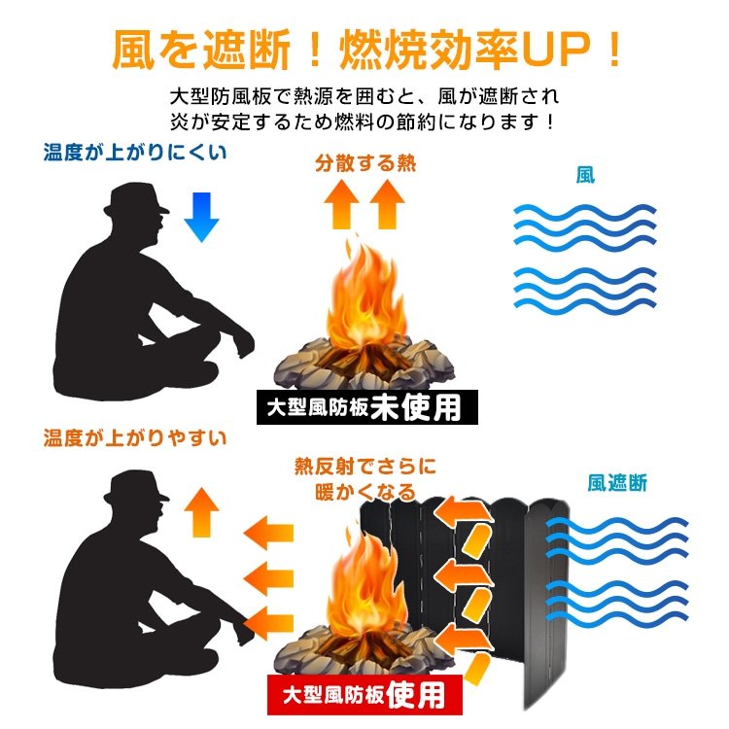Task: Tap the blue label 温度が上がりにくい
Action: click(135, 153)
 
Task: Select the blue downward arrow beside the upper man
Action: click(202, 217)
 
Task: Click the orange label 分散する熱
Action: click(365, 163)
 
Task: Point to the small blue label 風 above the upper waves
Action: click(585, 175)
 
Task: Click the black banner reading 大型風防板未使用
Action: click(366, 407)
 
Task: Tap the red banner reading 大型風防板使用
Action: click(364, 695)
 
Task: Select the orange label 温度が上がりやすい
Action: click(135, 438)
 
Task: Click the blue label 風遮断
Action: click(617, 483)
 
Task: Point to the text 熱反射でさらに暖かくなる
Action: click(365, 479)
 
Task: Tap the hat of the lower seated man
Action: click(136, 487)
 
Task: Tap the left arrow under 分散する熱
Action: click(342, 204)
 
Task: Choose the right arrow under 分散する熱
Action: click(387, 204)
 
